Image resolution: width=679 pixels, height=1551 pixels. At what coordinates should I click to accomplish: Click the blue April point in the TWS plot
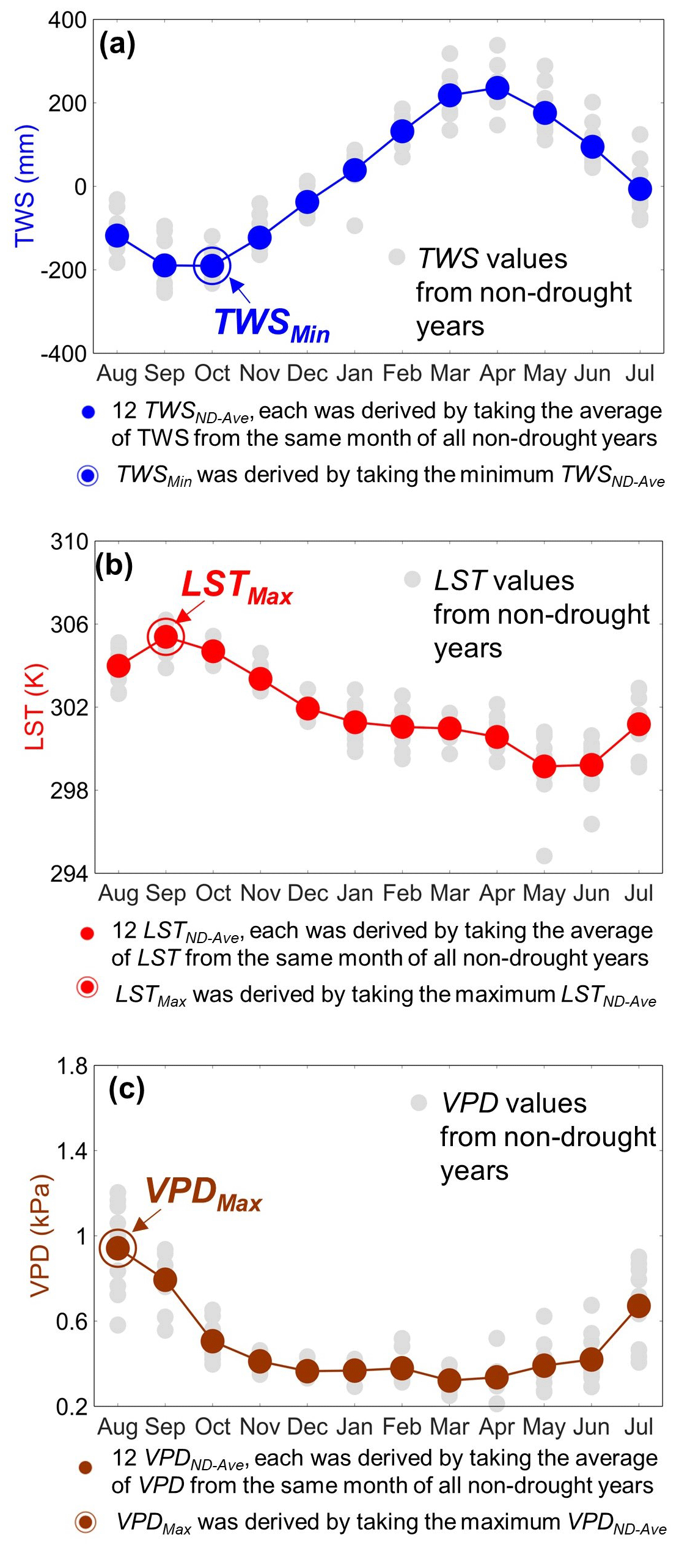(497, 88)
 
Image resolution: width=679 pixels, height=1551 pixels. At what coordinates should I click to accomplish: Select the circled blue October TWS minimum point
(212, 265)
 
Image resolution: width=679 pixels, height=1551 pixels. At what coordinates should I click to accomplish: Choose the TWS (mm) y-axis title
(26, 186)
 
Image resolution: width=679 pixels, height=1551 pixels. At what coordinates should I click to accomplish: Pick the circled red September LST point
(166, 637)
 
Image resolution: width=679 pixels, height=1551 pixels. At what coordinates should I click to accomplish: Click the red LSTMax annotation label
(237, 587)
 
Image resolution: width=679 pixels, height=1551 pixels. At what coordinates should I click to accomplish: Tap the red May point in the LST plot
(544, 766)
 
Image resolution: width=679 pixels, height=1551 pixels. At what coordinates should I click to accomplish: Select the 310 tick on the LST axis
(69, 542)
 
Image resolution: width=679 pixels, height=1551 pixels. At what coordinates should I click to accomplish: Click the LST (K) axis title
(35, 706)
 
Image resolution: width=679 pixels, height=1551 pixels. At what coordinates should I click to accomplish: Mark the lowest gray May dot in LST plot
(544, 856)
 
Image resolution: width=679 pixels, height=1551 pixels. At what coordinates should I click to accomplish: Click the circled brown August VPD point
(117, 1248)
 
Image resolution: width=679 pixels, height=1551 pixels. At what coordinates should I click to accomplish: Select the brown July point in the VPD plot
(639, 1306)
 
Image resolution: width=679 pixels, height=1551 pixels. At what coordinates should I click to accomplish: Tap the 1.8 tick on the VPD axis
(72, 1067)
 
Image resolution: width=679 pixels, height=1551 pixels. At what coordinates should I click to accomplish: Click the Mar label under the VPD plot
(450, 1427)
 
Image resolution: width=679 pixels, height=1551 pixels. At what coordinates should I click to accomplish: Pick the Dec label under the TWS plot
(307, 373)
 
